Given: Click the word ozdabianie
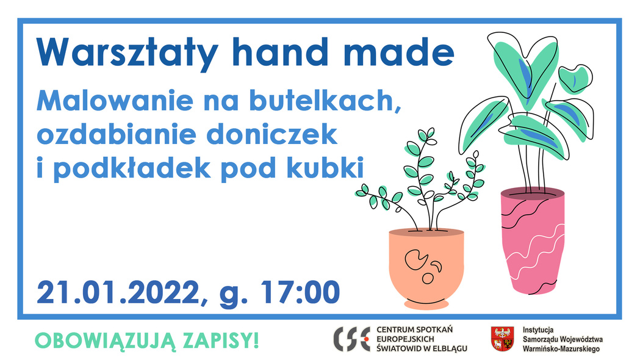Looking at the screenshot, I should click(x=120, y=134).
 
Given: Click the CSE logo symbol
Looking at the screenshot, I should click(x=352, y=338).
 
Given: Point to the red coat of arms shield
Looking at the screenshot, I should click(x=501, y=339).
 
